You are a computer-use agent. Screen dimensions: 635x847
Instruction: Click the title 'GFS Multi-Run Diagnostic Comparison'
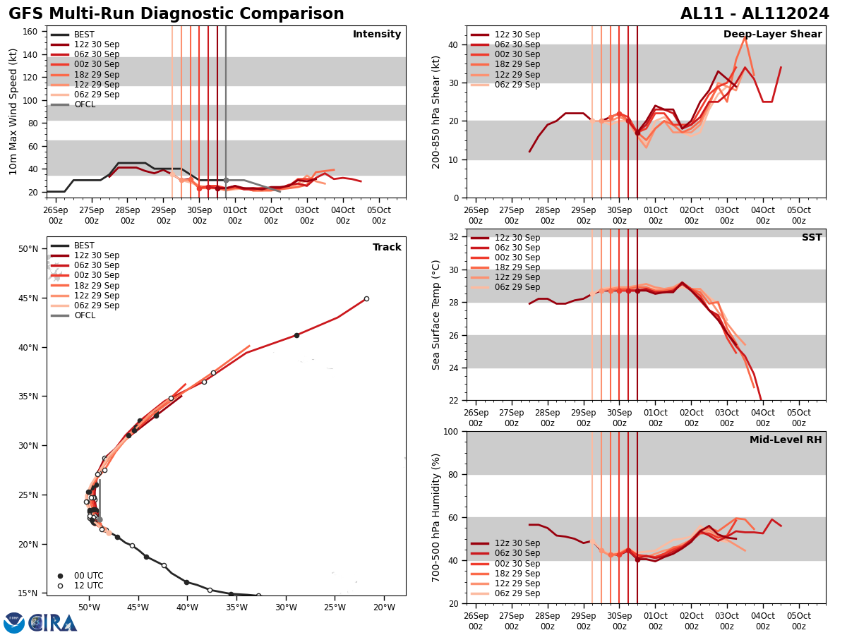tap(176, 14)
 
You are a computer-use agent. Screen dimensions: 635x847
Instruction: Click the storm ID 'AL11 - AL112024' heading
tap(755, 14)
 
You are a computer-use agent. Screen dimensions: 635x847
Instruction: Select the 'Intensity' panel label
tap(377, 35)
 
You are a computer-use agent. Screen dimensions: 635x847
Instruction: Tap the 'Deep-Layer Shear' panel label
tap(772, 35)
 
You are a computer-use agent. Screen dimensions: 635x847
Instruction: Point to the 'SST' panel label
tap(812, 238)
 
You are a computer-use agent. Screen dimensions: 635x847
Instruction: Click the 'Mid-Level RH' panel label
tap(786, 440)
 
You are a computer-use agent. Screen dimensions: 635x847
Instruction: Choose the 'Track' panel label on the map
tap(387, 248)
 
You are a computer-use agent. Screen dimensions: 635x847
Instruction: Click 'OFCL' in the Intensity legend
tap(85, 104)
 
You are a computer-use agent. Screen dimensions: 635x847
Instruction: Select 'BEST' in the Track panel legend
tap(84, 246)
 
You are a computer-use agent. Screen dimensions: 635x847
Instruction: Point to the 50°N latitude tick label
tap(29, 249)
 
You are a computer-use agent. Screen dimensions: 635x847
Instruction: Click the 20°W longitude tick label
tap(383, 607)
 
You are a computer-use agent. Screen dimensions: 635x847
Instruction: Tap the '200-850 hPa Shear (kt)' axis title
tap(437, 111)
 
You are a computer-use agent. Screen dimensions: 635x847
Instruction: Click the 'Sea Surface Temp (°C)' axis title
tap(437, 315)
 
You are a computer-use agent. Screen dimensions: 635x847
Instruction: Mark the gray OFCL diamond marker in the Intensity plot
tap(226, 181)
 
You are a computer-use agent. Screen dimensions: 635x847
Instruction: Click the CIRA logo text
tap(53, 623)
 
